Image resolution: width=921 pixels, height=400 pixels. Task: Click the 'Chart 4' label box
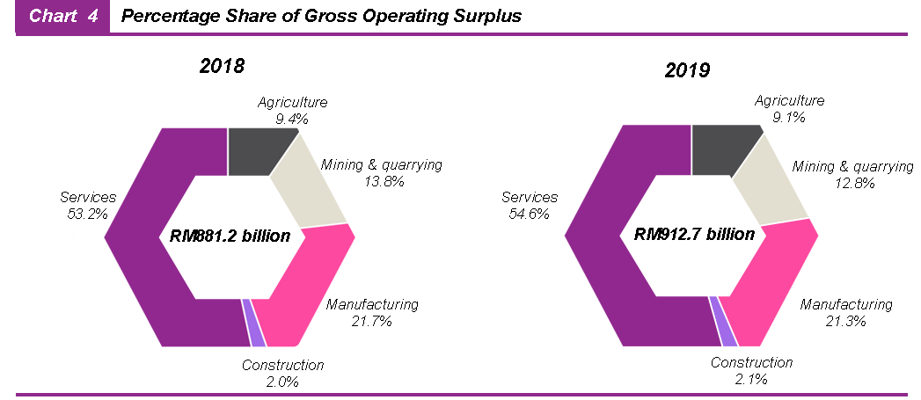tap(62, 17)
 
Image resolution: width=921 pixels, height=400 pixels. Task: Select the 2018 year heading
tap(222, 66)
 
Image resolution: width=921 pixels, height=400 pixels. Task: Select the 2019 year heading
tap(687, 70)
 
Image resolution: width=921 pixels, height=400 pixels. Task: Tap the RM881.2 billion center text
tap(230, 236)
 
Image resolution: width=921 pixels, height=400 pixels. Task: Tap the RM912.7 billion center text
tap(694, 235)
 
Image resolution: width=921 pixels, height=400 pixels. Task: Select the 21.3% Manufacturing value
tap(845, 322)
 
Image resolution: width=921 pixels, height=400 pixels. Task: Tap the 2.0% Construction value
tap(282, 382)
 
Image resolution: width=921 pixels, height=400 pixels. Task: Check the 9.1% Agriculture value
tap(789, 117)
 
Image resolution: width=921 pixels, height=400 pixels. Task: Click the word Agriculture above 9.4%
tap(293, 103)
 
